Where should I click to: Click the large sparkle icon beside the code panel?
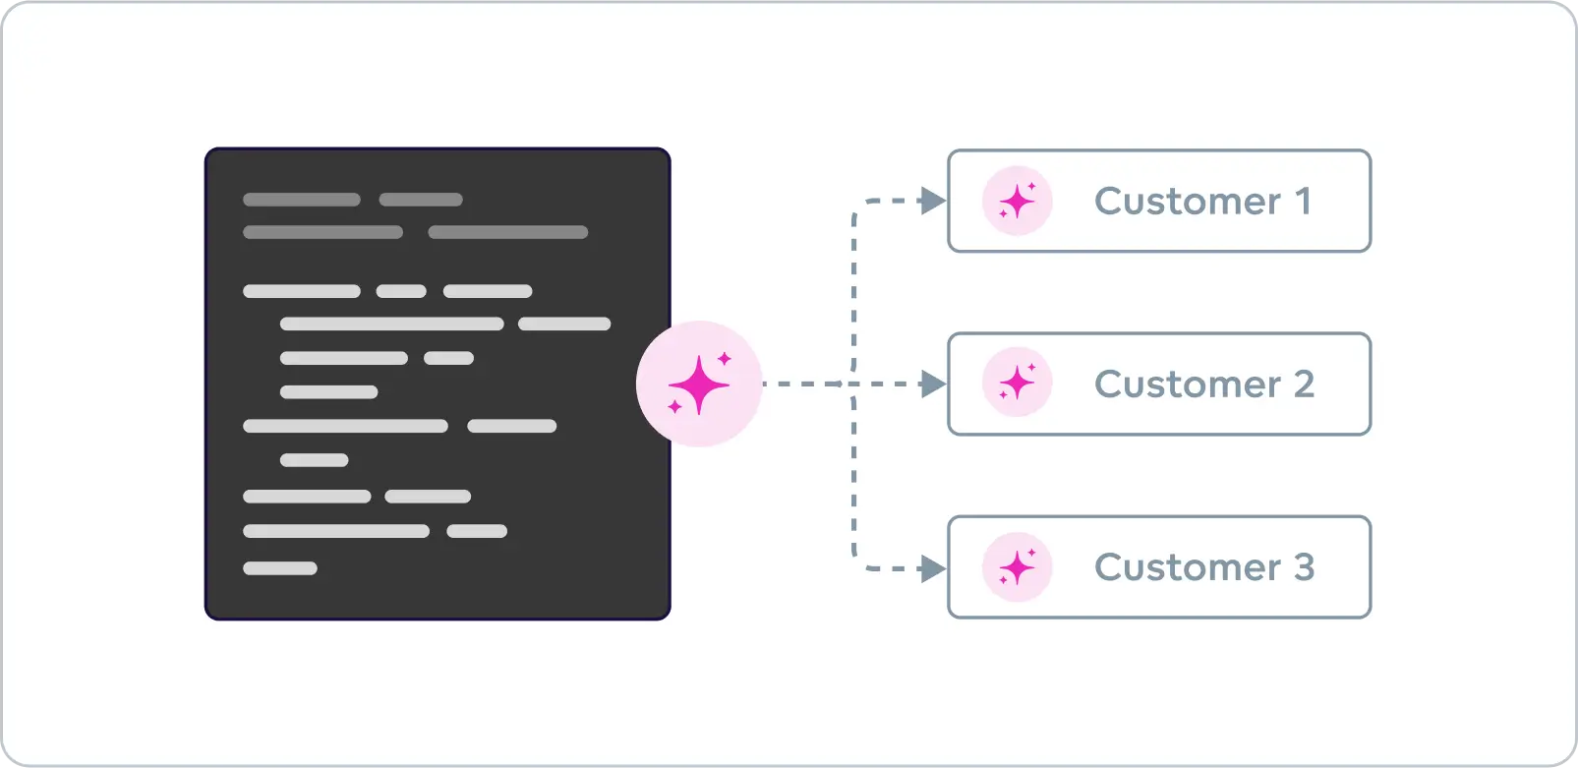699,384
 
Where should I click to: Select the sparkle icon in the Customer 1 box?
1018,201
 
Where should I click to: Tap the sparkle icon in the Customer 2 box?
1018,383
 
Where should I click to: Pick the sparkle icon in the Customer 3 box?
1018,566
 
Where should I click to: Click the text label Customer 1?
1202,201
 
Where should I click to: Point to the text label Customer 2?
1203,384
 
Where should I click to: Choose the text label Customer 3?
1203,566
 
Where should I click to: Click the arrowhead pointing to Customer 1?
931,201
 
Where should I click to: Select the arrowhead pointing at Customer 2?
931,384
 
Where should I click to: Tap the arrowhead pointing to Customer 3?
931,568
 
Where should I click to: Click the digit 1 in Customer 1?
1303,201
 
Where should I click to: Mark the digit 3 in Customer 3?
1304,566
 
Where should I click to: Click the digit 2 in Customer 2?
1304,384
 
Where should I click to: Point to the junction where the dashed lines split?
852,384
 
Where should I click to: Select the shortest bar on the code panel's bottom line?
280,568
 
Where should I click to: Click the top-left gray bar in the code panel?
301,200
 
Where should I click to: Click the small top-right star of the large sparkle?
725,359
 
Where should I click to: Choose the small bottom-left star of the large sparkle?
674,407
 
